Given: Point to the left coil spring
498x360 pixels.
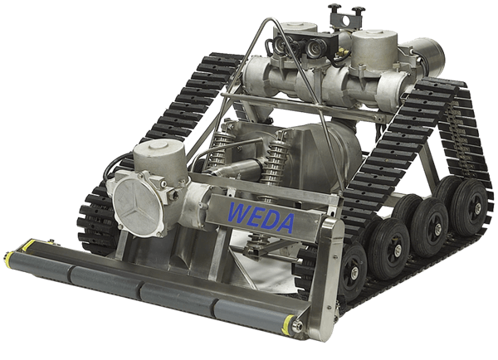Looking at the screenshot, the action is click(219, 147).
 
